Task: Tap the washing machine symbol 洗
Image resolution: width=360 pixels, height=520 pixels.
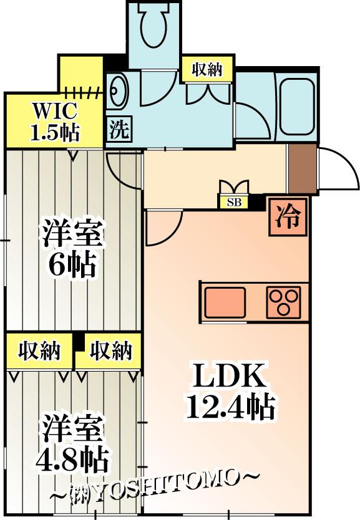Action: click(119, 129)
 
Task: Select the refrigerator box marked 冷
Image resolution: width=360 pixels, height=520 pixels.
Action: click(288, 217)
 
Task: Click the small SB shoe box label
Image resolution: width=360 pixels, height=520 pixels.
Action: click(234, 202)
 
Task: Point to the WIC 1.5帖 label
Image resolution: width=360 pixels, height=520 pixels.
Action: click(55, 122)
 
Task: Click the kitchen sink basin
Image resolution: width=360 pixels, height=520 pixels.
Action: click(226, 302)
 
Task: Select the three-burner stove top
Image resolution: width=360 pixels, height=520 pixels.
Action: click(284, 302)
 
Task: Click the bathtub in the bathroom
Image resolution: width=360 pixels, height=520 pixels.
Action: click(297, 106)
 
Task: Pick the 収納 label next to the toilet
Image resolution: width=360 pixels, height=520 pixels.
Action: click(207, 69)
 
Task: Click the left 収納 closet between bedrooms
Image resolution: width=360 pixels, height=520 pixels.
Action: click(39, 351)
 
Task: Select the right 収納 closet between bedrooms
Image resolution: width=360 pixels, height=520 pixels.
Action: click(109, 351)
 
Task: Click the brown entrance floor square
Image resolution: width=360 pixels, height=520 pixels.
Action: click(302, 168)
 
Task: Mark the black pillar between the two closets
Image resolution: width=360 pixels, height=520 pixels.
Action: click(79, 342)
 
